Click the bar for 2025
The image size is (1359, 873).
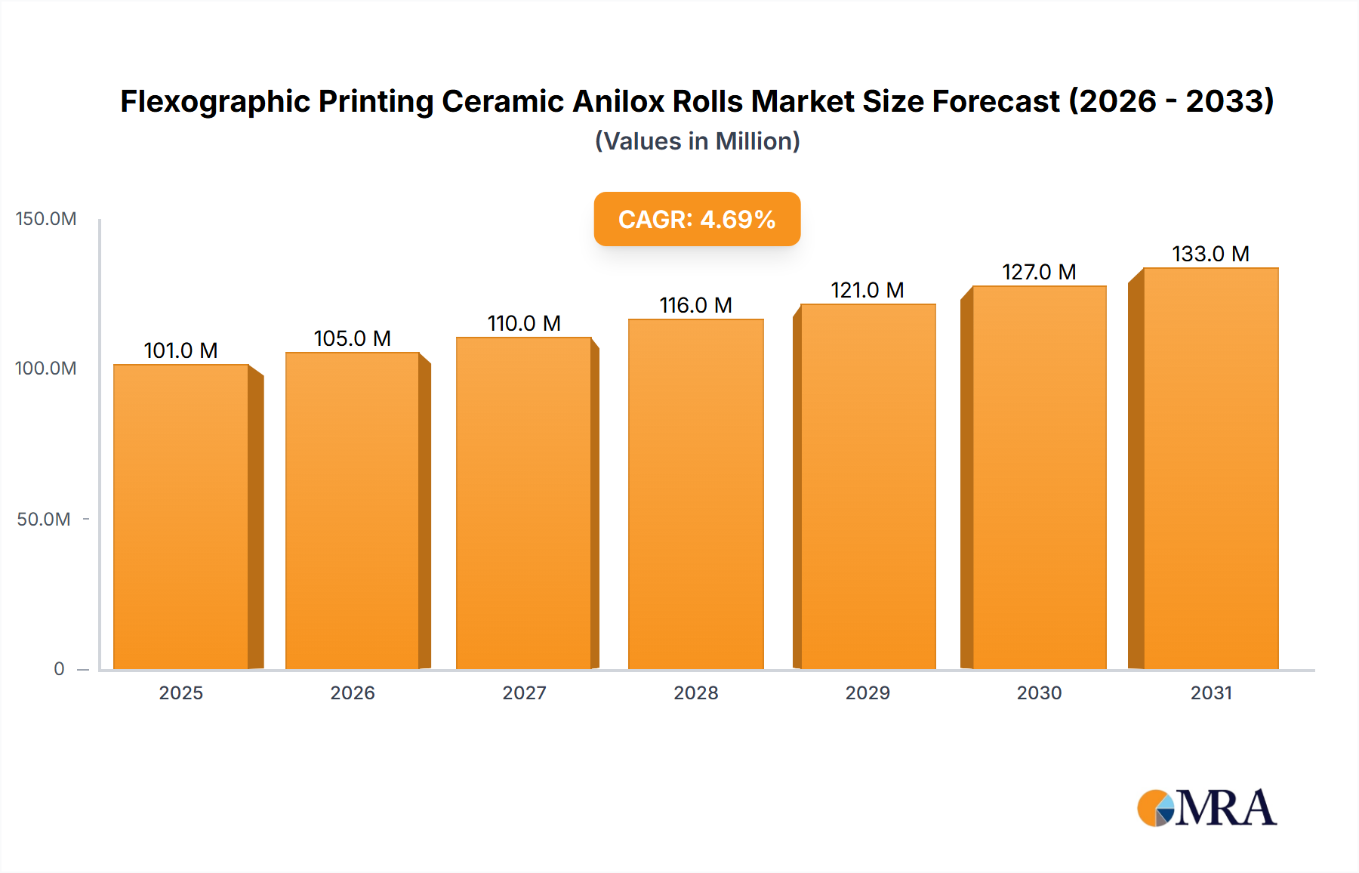[181, 517]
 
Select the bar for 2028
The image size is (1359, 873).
[695, 495]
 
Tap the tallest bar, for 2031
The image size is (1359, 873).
[1210, 468]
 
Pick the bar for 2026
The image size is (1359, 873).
[353, 511]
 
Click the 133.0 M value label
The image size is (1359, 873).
[1210, 254]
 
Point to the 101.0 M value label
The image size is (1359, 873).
[180, 350]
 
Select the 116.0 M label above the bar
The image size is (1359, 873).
[695, 305]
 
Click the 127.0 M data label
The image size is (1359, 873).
[1039, 272]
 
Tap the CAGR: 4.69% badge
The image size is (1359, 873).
[697, 219]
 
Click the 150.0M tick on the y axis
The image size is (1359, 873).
[46, 219]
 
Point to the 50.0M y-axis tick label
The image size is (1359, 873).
[44, 520]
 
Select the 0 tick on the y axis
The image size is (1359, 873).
[59, 669]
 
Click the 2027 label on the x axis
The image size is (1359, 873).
[524, 693]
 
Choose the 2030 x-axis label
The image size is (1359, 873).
[1039, 693]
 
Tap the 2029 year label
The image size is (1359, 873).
[867, 693]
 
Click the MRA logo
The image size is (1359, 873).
[1206, 808]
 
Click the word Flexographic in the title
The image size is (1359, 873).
[214, 101]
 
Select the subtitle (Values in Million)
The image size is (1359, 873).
[697, 141]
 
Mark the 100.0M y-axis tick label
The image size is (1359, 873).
[46, 369]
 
